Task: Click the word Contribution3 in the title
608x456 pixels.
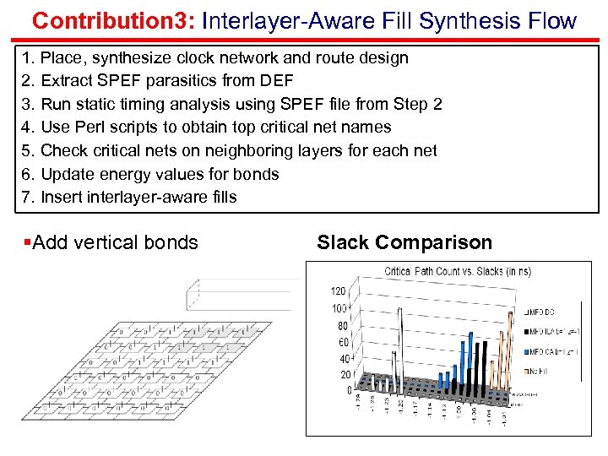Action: (x=106, y=20)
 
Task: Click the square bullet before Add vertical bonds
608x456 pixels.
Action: (x=28, y=243)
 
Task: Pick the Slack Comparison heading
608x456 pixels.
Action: (x=404, y=242)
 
